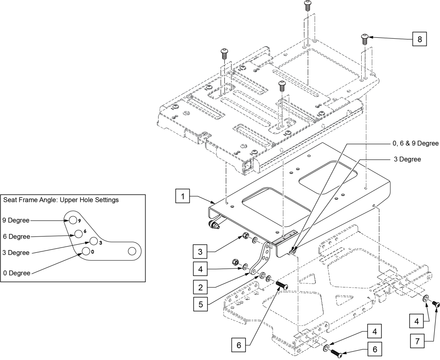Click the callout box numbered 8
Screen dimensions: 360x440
point(419,39)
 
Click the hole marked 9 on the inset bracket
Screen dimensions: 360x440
point(72,219)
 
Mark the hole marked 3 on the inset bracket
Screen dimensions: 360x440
point(93,241)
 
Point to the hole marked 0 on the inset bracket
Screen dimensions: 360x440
point(86,251)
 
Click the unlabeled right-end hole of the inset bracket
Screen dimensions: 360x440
point(131,251)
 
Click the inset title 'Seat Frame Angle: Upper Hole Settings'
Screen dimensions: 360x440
point(61,200)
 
